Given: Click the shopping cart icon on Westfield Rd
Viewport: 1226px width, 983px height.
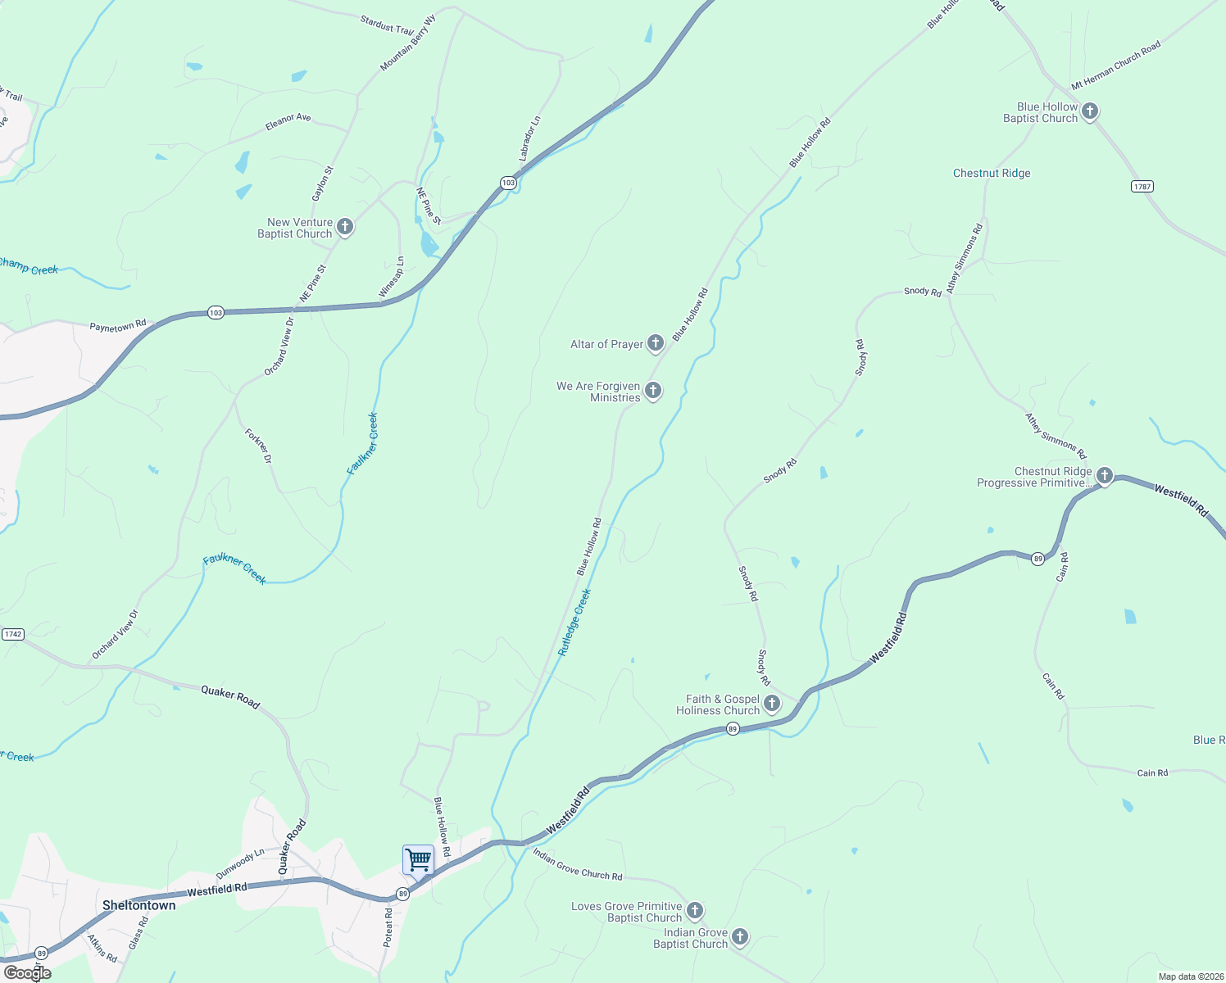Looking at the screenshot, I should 418,860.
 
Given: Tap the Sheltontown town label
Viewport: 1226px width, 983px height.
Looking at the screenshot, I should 138,905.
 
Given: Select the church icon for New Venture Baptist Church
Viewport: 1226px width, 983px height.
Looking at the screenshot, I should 345,227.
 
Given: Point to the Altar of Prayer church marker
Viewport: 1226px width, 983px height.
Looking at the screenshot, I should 655,343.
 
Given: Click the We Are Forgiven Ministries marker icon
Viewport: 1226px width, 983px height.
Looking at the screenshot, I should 653,391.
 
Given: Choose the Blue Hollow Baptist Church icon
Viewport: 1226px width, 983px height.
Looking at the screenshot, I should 1089,111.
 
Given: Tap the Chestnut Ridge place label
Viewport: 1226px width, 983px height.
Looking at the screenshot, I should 992,173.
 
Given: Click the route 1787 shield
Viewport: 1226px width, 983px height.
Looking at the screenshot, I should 1142,186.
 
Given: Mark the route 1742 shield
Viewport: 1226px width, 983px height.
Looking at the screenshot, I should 12,634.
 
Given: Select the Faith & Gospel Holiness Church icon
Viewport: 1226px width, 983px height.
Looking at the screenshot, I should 772,704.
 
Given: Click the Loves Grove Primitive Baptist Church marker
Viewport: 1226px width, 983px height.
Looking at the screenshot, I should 694,911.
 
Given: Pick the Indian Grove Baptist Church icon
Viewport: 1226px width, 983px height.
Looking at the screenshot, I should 739,937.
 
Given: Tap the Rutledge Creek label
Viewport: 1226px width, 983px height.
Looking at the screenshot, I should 574,623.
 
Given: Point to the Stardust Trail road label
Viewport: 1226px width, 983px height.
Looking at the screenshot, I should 387,25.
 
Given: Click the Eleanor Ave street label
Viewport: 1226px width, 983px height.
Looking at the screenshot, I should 288,122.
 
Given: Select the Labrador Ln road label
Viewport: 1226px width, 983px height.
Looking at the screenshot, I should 529,138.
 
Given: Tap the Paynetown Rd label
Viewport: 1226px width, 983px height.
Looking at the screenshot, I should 117,326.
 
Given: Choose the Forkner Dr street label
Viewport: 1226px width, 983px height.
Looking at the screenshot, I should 258,446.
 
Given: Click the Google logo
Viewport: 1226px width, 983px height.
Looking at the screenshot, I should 28,973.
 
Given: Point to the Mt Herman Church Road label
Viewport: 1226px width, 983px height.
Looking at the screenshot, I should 1116,65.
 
